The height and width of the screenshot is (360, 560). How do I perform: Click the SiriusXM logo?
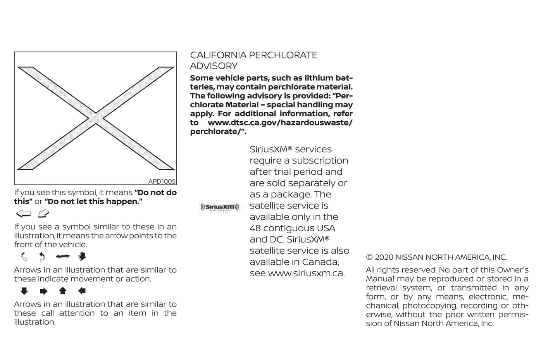(x=219, y=207)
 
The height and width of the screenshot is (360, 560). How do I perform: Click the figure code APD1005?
(x=162, y=181)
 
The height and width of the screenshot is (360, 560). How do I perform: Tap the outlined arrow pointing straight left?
(x=23, y=214)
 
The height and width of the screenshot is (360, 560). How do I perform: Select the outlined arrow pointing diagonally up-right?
(x=43, y=214)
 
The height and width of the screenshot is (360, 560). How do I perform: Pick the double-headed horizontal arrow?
(x=62, y=257)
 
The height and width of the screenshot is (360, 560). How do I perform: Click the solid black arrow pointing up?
(x=62, y=291)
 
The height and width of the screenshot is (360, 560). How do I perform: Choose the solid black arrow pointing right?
(x=43, y=291)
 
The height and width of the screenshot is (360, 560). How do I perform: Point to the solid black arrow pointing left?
(x=81, y=291)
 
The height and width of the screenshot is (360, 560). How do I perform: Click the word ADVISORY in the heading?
(x=214, y=66)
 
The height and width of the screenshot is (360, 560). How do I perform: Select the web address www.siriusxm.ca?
(x=306, y=273)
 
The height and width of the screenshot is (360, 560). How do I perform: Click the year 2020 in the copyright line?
(x=384, y=257)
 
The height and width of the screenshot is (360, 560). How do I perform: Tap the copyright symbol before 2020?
(x=369, y=257)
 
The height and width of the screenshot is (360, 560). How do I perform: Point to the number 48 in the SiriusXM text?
(x=255, y=228)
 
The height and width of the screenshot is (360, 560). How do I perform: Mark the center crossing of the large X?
(x=96, y=118)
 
